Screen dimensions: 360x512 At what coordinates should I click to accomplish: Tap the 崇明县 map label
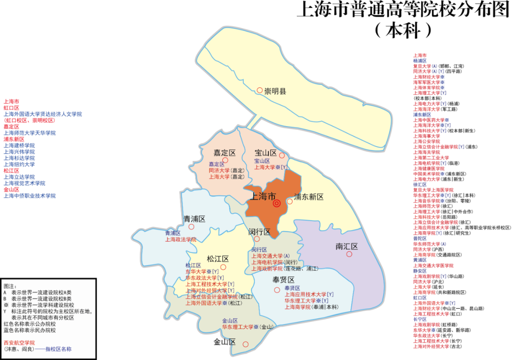point(275,91)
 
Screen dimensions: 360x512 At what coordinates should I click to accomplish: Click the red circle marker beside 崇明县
point(259,90)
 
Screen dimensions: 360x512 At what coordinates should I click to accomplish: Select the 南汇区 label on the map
point(346,247)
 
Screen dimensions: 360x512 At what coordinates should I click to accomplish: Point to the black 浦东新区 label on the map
point(309,197)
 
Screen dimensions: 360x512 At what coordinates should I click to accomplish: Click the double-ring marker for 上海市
point(277,203)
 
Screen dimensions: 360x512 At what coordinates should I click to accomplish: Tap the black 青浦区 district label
point(194,219)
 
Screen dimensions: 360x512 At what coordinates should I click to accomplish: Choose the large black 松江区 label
point(218,259)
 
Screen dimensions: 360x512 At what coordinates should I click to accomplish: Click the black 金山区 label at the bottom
point(225,342)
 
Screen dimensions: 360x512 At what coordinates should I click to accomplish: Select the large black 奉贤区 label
point(283,280)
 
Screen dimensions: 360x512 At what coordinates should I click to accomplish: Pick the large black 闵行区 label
point(259,232)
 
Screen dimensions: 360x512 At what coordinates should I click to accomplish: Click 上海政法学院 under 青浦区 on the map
point(181,240)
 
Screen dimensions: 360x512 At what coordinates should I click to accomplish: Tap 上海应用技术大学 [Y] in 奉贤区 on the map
point(309,295)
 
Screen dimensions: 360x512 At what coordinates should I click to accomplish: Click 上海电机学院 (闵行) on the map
point(274,262)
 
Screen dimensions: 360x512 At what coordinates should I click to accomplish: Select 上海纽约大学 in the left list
point(19,164)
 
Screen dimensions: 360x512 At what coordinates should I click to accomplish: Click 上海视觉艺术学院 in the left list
point(25,183)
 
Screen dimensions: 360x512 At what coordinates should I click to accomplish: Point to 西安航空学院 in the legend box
point(19,342)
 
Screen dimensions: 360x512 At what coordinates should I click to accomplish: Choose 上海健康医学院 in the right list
point(429,168)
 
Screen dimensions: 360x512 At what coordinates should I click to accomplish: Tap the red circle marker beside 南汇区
point(349,254)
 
